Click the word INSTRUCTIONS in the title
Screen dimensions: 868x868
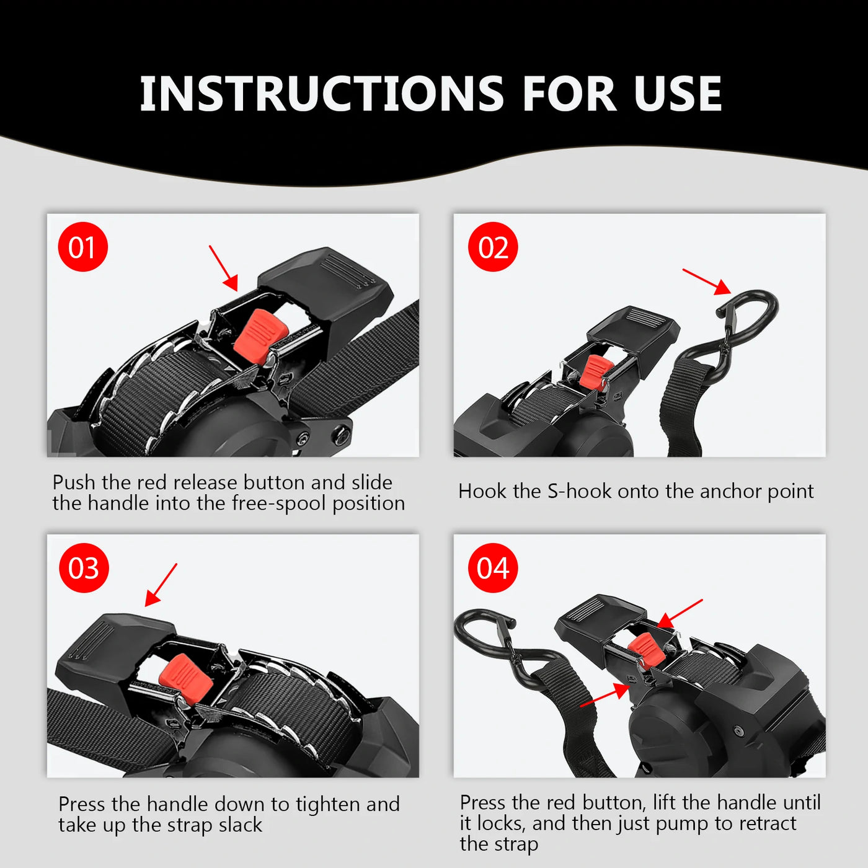322,94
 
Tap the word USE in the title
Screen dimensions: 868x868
677,94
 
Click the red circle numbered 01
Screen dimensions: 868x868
82,247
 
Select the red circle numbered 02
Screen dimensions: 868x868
493,247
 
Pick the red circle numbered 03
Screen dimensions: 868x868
84,568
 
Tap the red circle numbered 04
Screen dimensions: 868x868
493,568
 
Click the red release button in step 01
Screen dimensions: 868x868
260,335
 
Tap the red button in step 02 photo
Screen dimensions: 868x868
595,371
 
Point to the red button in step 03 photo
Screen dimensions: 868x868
186,679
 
